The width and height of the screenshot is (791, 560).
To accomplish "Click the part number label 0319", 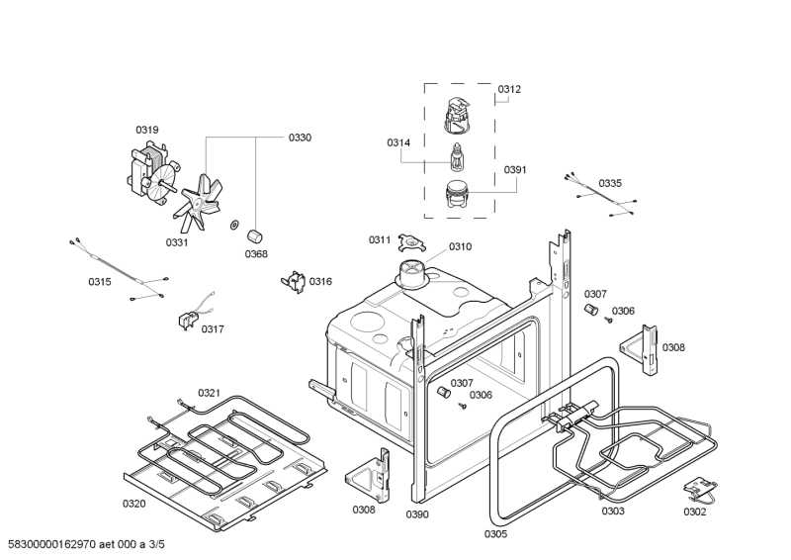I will tap(147, 130).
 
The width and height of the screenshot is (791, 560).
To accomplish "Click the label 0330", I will tap(300, 138).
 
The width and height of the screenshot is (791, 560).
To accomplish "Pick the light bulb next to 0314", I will tap(456, 156).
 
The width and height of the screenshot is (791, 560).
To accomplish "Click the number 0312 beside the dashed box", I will tap(509, 89).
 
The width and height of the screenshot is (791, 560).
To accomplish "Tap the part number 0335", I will tap(610, 183).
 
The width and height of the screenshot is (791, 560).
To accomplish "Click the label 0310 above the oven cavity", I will tap(460, 246).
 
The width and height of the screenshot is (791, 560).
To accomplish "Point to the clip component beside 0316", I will tap(293, 282).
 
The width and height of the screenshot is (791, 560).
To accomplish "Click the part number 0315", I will tap(100, 282).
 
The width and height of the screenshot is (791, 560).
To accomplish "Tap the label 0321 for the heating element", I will tap(209, 393).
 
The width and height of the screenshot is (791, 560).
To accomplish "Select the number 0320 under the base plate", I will tap(133, 504).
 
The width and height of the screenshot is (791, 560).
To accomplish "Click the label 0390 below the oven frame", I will tap(418, 514).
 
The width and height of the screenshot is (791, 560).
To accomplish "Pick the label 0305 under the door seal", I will tap(495, 534).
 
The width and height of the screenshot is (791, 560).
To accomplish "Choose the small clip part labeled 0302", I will tap(700, 487).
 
